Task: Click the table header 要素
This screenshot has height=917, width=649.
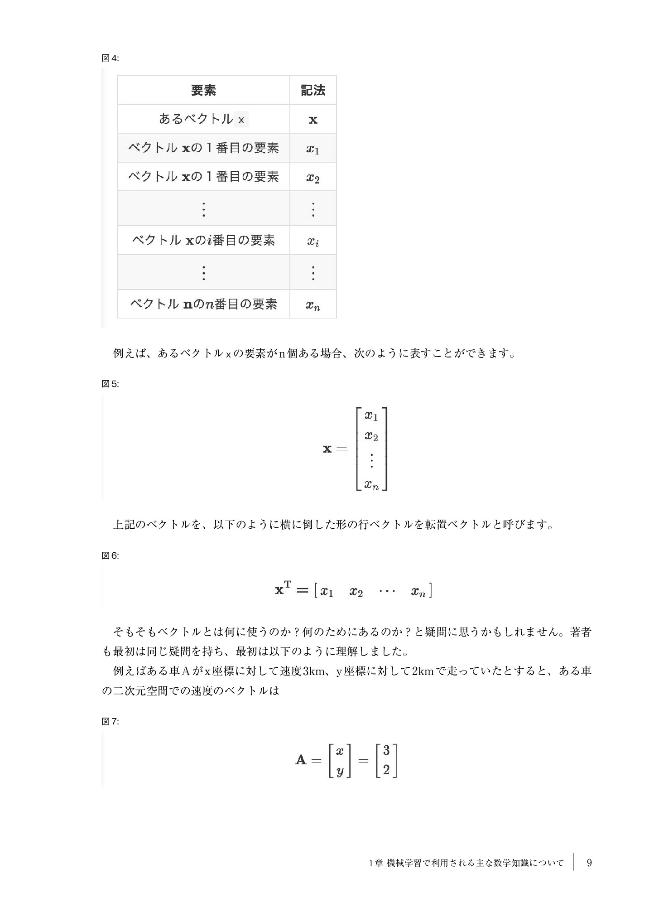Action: (203, 91)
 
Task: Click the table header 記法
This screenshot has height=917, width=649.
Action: (313, 91)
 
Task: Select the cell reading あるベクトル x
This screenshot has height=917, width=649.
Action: (203, 119)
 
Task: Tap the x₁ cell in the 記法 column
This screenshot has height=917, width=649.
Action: (313, 149)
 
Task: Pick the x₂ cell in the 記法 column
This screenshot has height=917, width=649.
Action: (313, 177)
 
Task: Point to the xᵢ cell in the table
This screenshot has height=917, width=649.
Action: (313, 241)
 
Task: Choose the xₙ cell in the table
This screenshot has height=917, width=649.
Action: (313, 305)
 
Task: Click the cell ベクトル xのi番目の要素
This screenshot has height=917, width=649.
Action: (203, 240)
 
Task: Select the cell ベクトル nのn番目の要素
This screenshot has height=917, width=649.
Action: (203, 304)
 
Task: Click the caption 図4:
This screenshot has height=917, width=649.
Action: (110, 58)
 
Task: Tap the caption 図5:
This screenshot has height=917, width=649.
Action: (110, 384)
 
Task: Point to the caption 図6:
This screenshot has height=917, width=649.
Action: (110, 556)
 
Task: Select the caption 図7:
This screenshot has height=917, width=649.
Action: (110, 722)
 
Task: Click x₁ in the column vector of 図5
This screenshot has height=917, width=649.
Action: (371, 415)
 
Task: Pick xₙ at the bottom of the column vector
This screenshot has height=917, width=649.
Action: (371, 485)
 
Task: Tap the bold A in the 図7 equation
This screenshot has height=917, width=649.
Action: (301, 760)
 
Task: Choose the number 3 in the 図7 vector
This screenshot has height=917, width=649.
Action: (386, 751)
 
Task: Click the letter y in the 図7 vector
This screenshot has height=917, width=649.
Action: (340, 770)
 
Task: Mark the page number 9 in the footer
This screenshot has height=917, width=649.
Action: (589, 863)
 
